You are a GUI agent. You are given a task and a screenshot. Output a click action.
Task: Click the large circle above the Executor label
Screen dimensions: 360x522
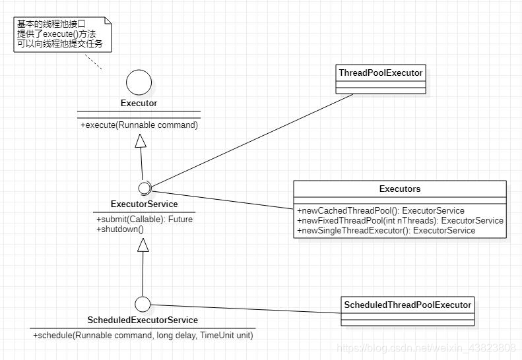click(x=139, y=82)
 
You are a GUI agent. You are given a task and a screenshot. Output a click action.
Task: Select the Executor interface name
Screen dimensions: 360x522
click(x=139, y=104)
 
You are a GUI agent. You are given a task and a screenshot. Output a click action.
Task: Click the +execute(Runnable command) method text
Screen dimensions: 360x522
click(x=139, y=125)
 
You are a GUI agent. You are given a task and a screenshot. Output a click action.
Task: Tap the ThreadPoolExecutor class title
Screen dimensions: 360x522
click(x=380, y=73)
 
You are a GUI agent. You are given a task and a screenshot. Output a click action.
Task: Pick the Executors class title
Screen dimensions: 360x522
click(x=400, y=189)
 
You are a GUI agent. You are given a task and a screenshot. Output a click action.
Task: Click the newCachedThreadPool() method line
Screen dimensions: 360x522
click(x=381, y=211)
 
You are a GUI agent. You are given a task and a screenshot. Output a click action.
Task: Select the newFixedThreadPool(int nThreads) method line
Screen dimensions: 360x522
click(x=400, y=221)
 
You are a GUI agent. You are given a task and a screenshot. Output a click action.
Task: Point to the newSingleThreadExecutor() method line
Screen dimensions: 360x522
click(x=386, y=231)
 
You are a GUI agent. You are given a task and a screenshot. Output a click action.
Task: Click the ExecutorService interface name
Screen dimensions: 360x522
click(x=145, y=204)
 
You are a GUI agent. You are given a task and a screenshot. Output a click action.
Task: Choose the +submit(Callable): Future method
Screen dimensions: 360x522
click(x=145, y=220)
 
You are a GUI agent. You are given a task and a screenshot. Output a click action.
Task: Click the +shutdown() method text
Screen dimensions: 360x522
click(x=119, y=229)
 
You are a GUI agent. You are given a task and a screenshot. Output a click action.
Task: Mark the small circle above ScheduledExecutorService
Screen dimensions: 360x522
click(x=142, y=304)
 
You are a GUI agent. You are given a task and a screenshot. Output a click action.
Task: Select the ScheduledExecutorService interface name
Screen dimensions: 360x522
click(x=143, y=320)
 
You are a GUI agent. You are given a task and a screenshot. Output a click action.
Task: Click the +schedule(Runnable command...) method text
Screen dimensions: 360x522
click(x=143, y=336)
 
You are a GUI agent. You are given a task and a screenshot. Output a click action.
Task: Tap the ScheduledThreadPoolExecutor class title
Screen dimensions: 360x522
click(x=407, y=305)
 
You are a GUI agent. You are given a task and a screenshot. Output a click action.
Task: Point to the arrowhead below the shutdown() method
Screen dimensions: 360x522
click(x=143, y=245)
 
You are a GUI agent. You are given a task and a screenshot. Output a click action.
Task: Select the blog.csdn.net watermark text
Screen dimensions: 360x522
click(x=426, y=347)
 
